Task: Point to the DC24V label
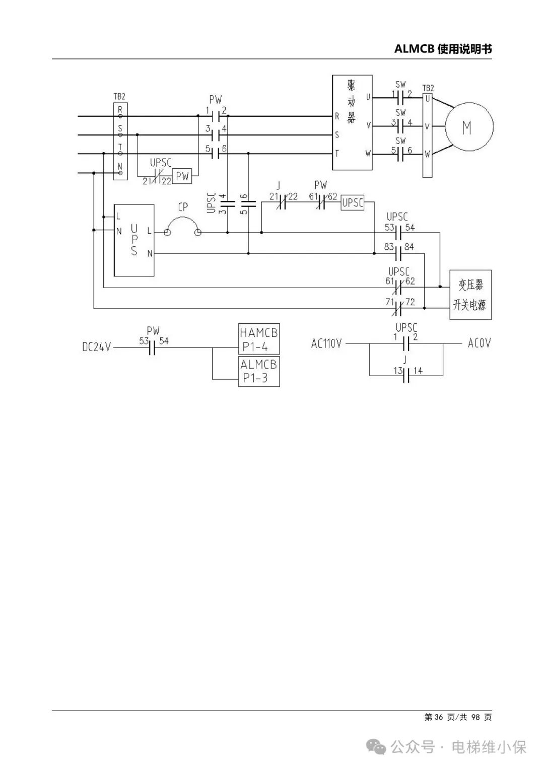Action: coord(97,347)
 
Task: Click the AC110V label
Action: coord(326,343)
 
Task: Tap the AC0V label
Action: coord(480,343)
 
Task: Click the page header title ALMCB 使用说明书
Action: coord(443,49)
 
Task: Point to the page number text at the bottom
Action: coord(458,717)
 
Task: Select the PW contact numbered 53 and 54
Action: coord(153,347)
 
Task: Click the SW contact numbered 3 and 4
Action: coord(400,126)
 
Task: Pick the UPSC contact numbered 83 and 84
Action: coord(399,253)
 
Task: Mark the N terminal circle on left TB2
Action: coord(120,173)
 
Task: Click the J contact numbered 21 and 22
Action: coord(282,202)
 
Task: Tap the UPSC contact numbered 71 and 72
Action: coord(399,308)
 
